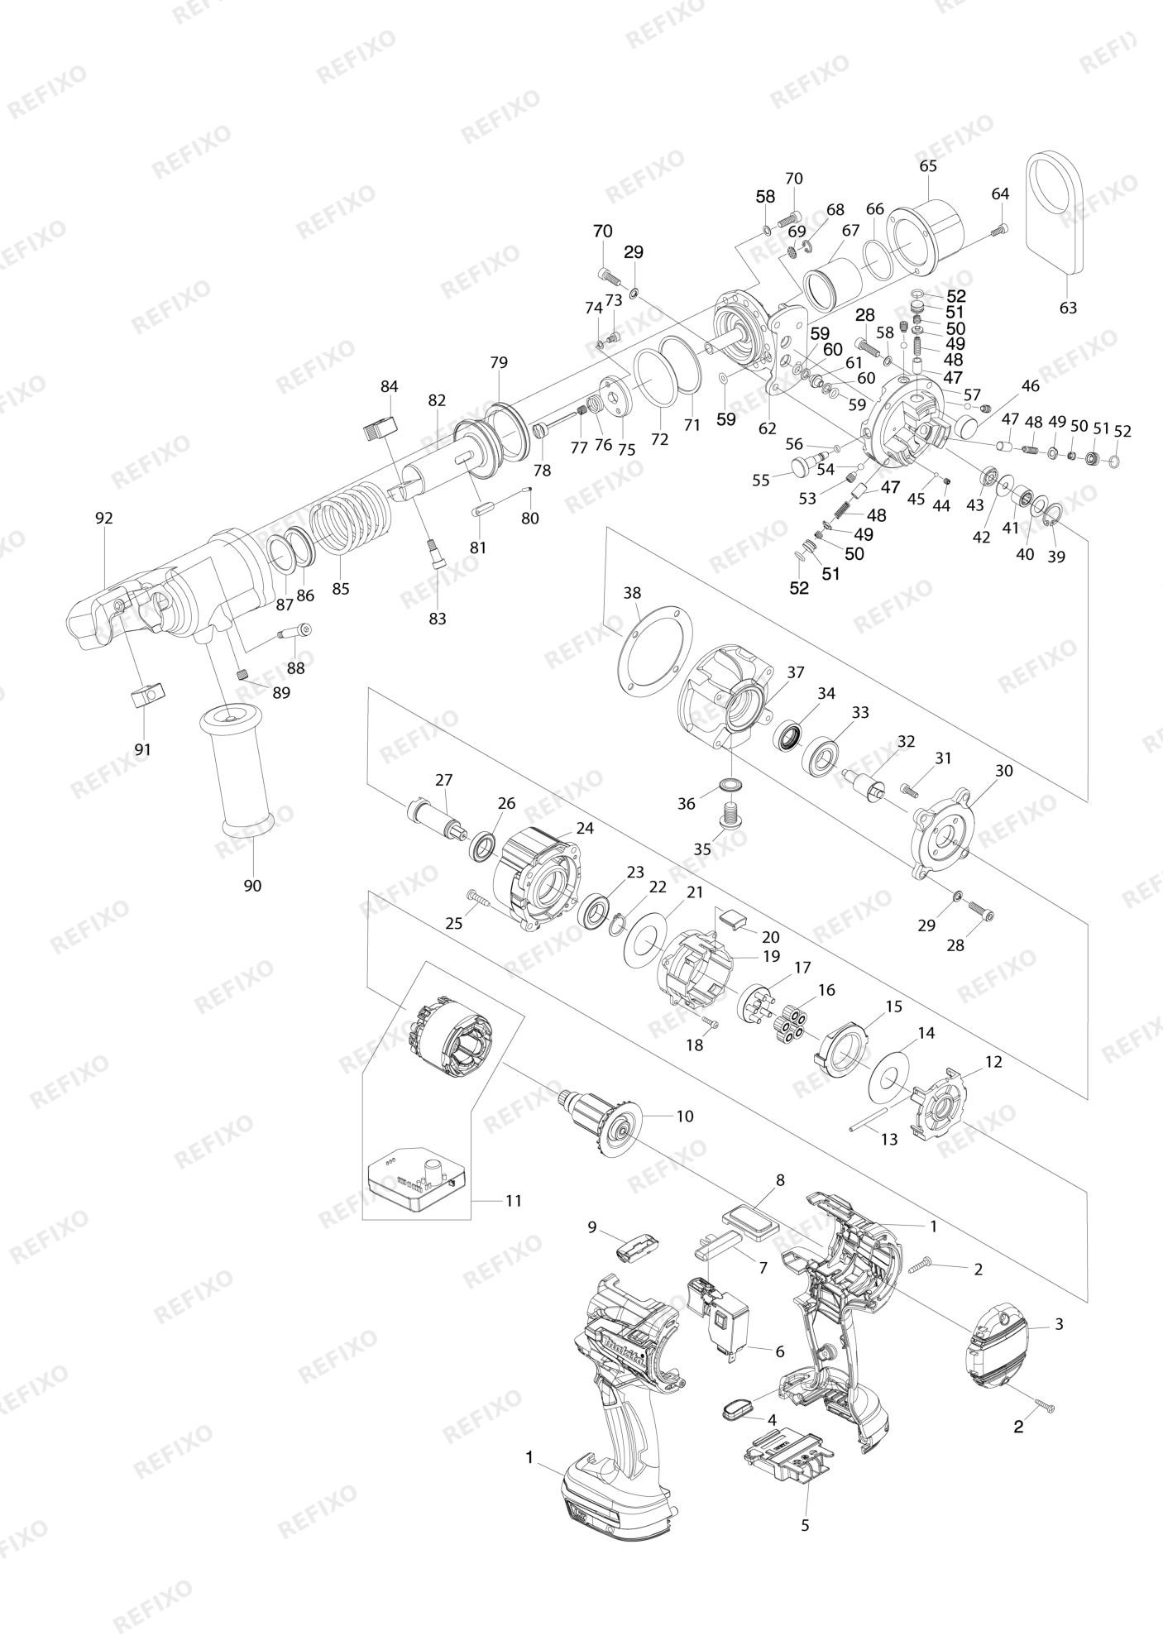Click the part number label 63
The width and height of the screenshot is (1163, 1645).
tap(1068, 308)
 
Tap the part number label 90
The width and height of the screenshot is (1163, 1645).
tap(252, 886)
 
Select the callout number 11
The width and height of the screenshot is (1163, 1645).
tap(514, 1200)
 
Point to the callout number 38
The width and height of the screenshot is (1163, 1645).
tap(632, 593)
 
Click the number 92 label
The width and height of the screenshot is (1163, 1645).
tap(103, 519)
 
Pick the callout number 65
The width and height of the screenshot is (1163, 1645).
tap(928, 166)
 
